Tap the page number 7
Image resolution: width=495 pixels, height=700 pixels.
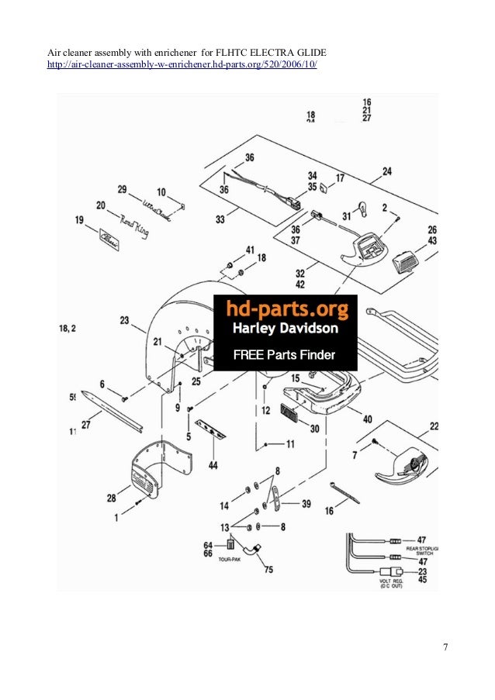(445, 648)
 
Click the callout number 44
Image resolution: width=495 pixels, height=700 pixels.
(212, 465)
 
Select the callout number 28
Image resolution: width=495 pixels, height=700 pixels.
(112, 498)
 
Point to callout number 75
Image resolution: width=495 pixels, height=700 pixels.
(268, 571)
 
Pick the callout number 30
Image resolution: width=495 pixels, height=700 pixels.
(315, 429)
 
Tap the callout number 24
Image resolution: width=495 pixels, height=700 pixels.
(386, 171)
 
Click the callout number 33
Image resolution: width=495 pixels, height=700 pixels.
(220, 220)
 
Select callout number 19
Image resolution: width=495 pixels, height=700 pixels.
(79, 221)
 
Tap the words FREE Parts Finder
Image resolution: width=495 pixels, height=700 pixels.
(285, 357)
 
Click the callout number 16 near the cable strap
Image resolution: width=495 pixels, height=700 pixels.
(329, 511)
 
